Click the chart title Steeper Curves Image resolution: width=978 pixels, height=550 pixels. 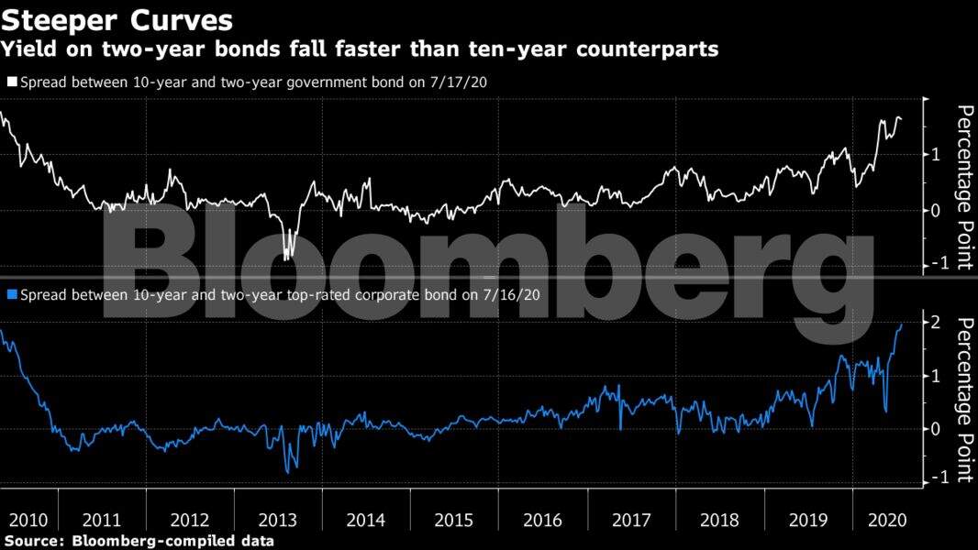tap(117, 19)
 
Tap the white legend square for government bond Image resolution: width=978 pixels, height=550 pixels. tap(11, 82)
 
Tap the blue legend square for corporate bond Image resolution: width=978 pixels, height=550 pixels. tap(11, 296)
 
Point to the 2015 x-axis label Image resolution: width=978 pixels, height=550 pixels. tap(454, 520)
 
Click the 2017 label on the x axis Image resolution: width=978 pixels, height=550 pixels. tap(631, 520)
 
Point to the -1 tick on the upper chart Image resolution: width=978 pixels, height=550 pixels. tap(933, 264)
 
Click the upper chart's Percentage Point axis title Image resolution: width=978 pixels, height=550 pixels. tap(964, 188)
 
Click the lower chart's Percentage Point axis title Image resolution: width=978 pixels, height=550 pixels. tap(964, 400)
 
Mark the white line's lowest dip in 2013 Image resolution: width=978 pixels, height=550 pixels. tap(286, 259)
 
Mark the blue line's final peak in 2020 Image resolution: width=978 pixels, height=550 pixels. tap(901, 324)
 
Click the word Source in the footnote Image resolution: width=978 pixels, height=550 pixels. tap(33, 541)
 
